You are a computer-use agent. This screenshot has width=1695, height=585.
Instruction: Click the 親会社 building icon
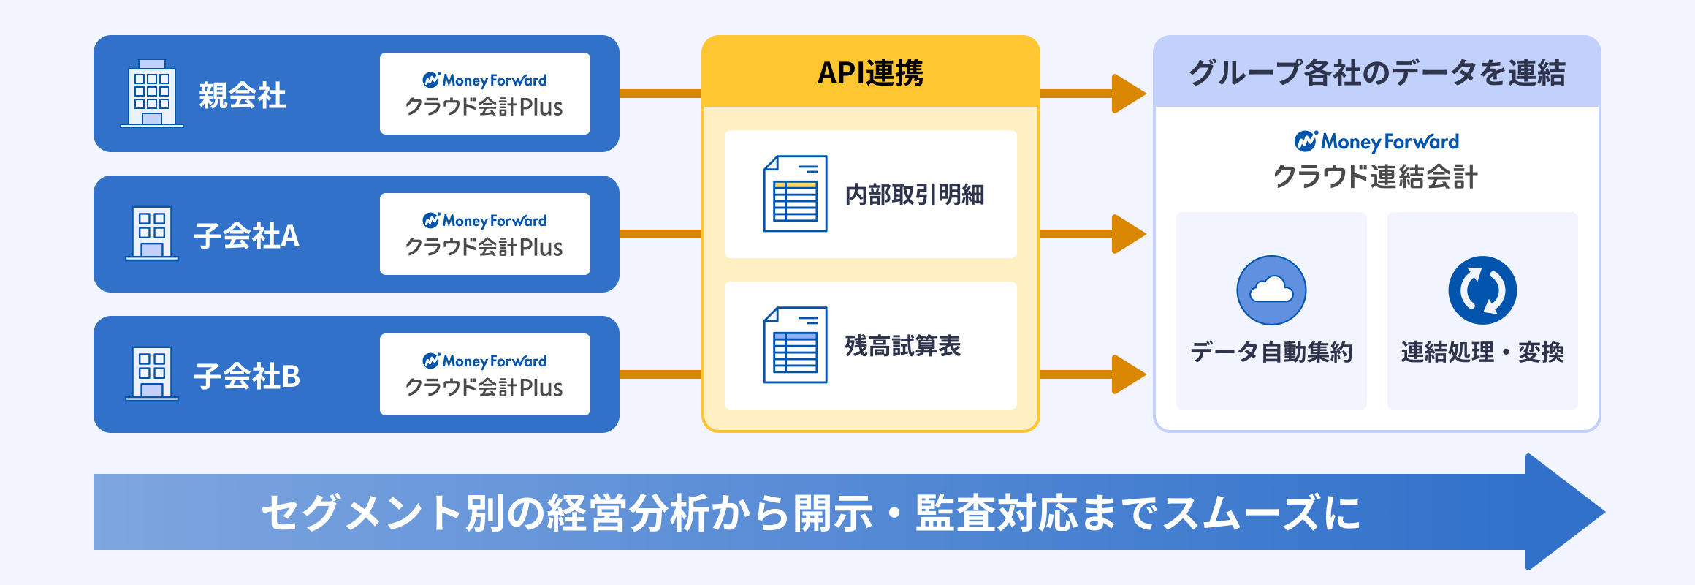click(x=152, y=94)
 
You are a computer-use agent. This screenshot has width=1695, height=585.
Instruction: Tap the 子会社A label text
click(x=246, y=235)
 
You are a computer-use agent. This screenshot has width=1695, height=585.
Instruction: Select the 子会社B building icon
click(x=152, y=374)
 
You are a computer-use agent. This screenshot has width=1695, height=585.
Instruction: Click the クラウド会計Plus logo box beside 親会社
click(x=484, y=94)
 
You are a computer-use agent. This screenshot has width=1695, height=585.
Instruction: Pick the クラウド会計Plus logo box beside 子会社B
click(x=484, y=374)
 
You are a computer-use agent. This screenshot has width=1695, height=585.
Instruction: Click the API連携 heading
click(x=870, y=72)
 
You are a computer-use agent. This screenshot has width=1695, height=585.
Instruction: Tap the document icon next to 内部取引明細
click(x=795, y=194)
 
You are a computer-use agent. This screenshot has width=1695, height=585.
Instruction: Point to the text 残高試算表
click(x=902, y=346)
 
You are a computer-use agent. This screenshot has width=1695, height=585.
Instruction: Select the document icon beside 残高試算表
click(x=795, y=345)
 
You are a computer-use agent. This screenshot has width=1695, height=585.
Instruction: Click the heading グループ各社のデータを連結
click(x=1376, y=72)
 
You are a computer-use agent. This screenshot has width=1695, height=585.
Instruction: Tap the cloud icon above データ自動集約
click(x=1271, y=290)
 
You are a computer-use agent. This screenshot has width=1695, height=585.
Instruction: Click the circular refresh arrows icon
click(x=1482, y=290)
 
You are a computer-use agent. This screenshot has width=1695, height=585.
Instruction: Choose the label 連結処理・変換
click(x=1482, y=352)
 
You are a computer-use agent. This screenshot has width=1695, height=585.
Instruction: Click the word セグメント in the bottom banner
click(x=362, y=513)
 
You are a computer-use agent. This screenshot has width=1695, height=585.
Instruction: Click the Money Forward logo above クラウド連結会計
click(x=1376, y=140)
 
